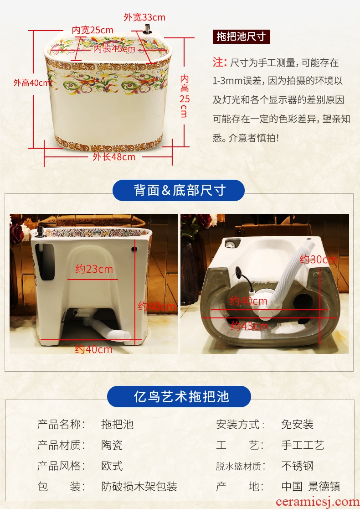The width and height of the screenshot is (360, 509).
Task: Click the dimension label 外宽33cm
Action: (144, 17)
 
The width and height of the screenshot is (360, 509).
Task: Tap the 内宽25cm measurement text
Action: (93, 30)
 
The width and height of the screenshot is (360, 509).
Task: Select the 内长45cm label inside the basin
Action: (114, 49)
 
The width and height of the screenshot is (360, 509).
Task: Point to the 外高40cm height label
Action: (32, 83)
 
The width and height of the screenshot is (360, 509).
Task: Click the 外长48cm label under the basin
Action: (114, 157)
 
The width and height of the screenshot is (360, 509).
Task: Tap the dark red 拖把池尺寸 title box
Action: (242, 36)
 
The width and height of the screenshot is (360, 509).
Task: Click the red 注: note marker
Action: (220, 62)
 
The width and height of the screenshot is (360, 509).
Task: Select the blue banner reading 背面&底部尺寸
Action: (179, 190)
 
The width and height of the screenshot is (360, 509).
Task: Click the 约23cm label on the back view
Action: (94, 269)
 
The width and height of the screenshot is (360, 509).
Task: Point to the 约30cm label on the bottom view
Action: (318, 259)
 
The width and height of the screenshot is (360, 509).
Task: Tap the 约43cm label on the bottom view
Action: (249, 326)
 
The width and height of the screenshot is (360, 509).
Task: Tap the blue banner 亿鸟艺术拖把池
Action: (179, 396)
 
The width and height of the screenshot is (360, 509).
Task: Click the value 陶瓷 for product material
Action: (112, 445)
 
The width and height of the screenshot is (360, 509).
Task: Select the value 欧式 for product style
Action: (112, 466)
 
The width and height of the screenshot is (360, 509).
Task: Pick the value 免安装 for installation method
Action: (297, 424)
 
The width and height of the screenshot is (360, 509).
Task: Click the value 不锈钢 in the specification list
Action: (297, 466)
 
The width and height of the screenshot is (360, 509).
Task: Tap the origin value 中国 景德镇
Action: (311, 486)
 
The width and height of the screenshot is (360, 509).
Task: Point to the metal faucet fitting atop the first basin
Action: (148, 29)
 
